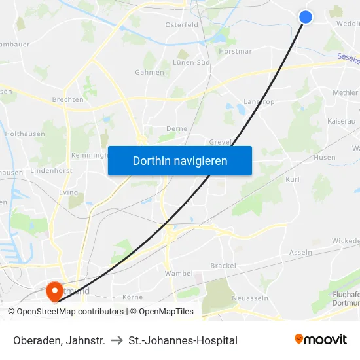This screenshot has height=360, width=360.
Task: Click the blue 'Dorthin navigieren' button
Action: click(x=180, y=160)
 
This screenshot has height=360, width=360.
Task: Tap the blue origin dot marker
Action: click(x=306, y=17)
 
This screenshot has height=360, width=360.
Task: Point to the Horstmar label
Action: click(x=235, y=51)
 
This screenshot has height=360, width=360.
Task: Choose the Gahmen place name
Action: click(x=149, y=73)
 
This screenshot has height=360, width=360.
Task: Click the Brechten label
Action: click(x=67, y=100)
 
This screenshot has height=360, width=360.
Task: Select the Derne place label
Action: click(x=177, y=129)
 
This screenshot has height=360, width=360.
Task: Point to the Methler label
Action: click(x=345, y=93)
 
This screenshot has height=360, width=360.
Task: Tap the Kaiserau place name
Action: click(x=340, y=122)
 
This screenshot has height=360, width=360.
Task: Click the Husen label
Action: click(x=325, y=158)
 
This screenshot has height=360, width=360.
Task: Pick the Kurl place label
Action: click(x=293, y=179)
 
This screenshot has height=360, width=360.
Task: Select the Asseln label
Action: click(x=300, y=252)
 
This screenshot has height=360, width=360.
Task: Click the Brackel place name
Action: click(x=223, y=266)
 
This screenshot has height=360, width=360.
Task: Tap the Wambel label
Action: click(x=179, y=273)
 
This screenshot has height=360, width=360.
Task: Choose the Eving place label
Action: click(x=68, y=193)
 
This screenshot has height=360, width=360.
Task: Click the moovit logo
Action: click(x=321, y=340)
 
